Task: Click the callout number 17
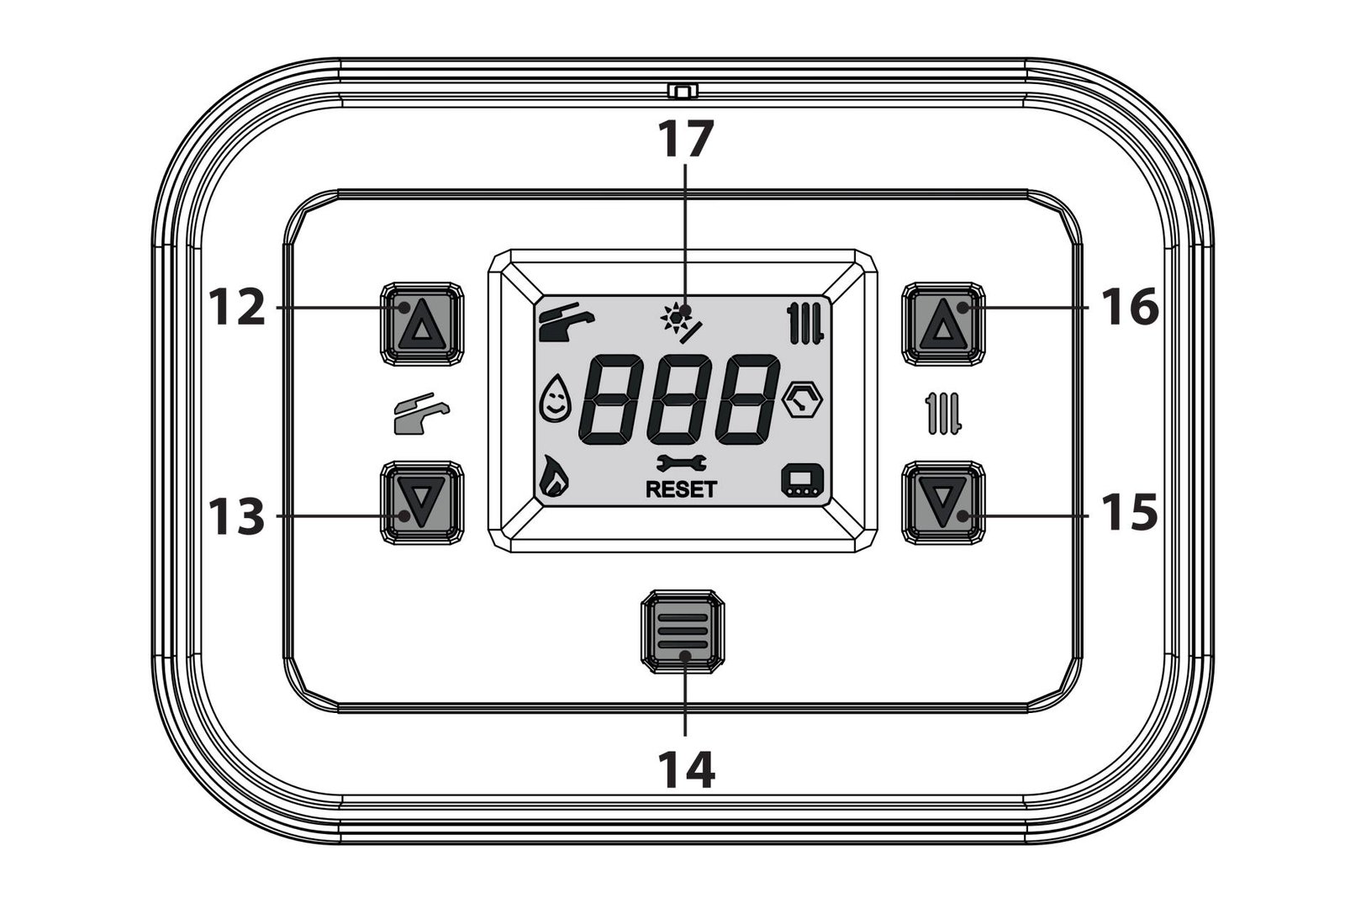click(x=686, y=139)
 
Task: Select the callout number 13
click(x=237, y=515)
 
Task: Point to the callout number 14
click(x=686, y=769)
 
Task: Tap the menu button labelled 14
click(x=683, y=631)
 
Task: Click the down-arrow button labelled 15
click(x=943, y=502)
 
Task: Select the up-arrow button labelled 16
click(x=943, y=324)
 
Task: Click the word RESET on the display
click(x=682, y=489)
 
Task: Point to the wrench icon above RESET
click(x=682, y=463)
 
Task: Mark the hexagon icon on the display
click(x=803, y=399)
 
